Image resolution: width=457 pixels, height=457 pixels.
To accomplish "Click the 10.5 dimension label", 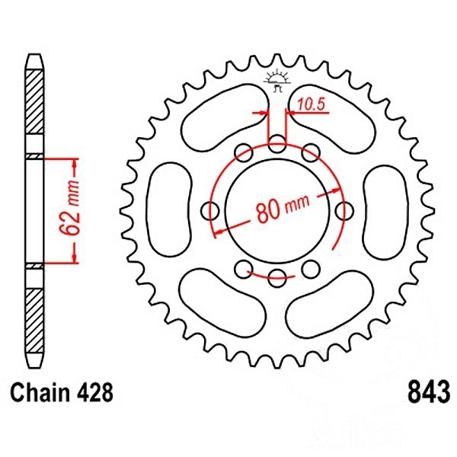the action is pyautogui.click(x=311, y=104).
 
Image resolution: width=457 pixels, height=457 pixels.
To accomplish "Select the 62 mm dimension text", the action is pyautogui.click(x=69, y=208).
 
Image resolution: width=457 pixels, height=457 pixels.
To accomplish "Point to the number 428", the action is pyautogui.click(x=95, y=392).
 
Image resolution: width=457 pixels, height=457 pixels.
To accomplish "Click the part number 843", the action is pyautogui.click(x=428, y=392).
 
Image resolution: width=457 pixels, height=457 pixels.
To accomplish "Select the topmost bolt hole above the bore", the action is pyautogui.click(x=277, y=144).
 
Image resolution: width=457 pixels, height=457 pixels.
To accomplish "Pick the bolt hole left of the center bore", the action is pyautogui.click(x=210, y=210).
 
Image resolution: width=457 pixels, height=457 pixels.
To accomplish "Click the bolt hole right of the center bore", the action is pyautogui.click(x=344, y=210).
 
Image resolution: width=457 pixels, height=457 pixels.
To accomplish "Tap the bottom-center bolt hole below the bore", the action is pyautogui.click(x=277, y=278).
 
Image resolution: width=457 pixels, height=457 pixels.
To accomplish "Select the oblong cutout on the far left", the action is pyautogui.click(x=170, y=210).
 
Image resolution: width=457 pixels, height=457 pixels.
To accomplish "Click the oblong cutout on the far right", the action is pyautogui.click(x=386, y=212).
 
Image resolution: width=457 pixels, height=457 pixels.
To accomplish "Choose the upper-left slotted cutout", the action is pyautogui.click(x=225, y=118).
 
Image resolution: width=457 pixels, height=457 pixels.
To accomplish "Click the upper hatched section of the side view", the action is pyautogui.click(x=34, y=102).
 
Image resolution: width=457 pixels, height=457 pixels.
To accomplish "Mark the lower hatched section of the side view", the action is pyautogui.click(x=34, y=321).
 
